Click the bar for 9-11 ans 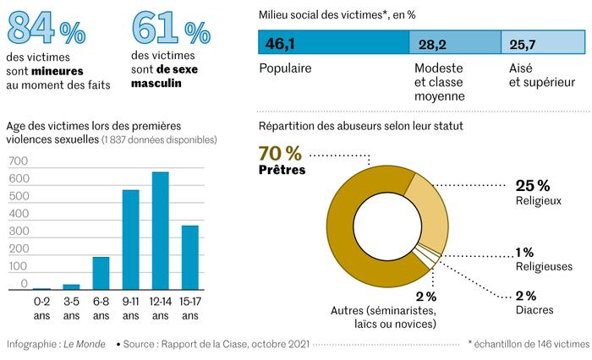tap(130, 240)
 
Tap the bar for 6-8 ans tap(101, 273)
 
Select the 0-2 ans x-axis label tap(41, 308)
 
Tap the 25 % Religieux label tap(533, 193)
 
